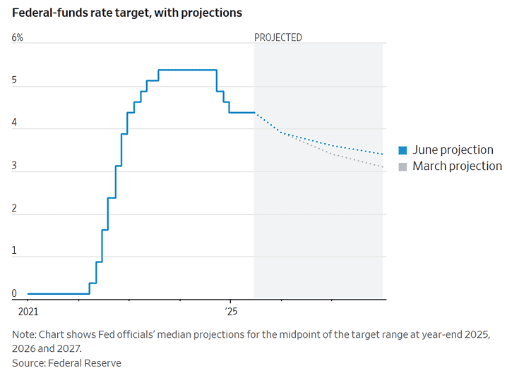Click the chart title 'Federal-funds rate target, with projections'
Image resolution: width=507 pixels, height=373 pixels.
pos(127,13)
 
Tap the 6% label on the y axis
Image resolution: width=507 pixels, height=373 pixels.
pos(18,37)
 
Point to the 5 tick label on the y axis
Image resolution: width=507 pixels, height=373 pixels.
pos(14,80)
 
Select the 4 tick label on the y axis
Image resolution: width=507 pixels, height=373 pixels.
pos(14,123)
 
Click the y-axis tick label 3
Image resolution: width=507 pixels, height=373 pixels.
pos(14,166)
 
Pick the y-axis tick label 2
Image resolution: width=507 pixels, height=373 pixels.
pos(14,208)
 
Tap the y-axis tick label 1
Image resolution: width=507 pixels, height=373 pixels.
pos(14,250)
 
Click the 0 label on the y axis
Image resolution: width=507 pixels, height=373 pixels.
pos(14,293)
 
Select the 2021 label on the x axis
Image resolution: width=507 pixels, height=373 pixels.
pos(28,312)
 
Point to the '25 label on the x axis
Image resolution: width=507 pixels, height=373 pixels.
pos(231,312)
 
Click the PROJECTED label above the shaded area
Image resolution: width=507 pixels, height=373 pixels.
pos(278,37)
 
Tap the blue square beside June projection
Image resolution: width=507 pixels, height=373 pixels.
pos(402,150)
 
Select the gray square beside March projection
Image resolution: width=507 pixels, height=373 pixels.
pos(402,167)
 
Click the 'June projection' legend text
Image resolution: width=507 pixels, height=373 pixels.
pos(453,150)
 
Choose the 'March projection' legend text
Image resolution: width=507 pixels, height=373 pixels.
pos(457,166)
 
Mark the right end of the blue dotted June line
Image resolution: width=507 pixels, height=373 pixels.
pos(382,154)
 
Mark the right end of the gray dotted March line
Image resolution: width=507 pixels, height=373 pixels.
pos(382,167)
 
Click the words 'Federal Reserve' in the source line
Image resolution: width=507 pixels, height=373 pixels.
pos(85,363)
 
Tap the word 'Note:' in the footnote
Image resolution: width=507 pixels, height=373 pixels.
pos(24,334)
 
